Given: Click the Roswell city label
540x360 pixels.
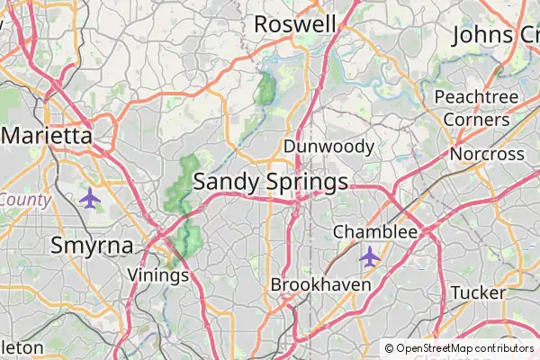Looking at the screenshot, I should click(295, 24).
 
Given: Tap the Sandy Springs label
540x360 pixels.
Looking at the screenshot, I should click(271, 182).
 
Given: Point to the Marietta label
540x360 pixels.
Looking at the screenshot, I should click(48, 136).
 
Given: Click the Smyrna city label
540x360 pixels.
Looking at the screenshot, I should click(92, 245).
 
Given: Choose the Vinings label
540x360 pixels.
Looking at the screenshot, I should click(158, 274).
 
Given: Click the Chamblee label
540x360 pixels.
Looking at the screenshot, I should click(375, 232).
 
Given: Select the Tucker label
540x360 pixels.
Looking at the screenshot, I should click(478, 292).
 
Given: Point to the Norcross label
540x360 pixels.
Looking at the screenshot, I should click(487, 154).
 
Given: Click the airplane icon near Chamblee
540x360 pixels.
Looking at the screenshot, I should click(369, 256).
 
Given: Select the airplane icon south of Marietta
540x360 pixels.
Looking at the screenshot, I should click(89, 198).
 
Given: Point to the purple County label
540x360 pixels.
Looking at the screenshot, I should click(24, 200).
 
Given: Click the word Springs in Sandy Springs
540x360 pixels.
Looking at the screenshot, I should click(307, 183).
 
